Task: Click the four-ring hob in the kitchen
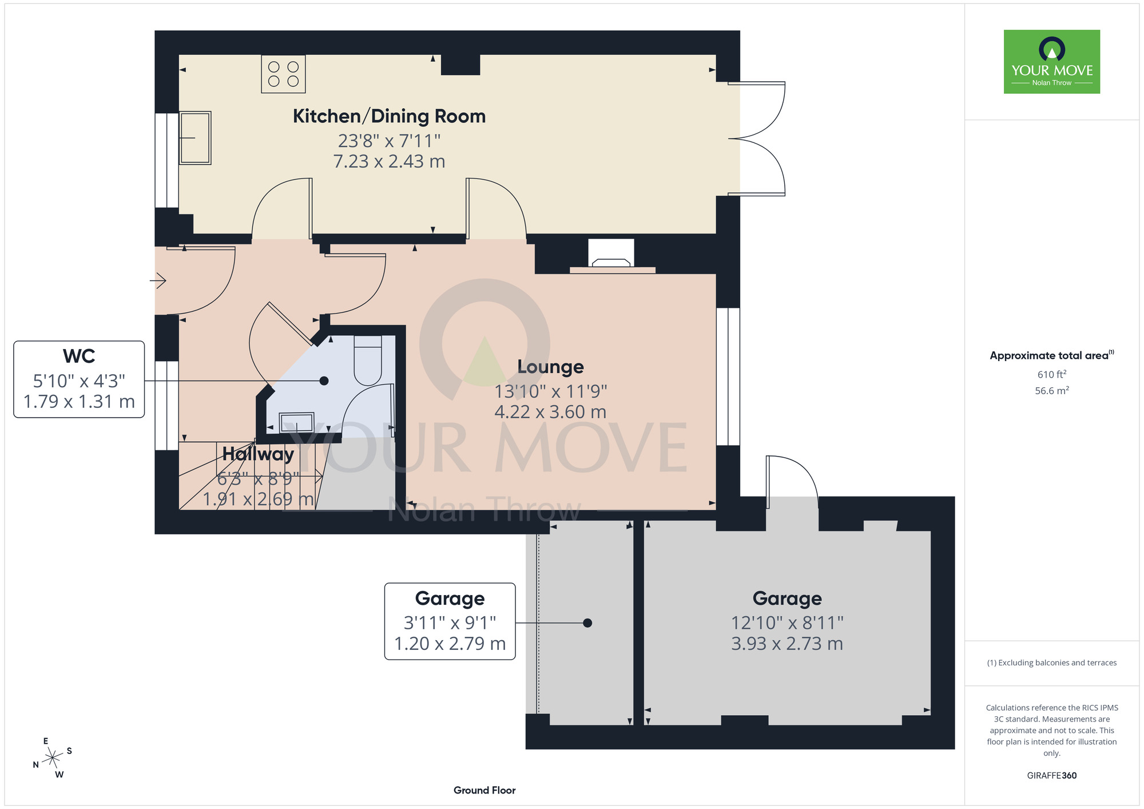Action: pyautogui.click(x=283, y=74)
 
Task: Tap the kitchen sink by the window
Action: pyautogui.click(x=195, y=138)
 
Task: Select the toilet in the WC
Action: pyautogui.click(x=368, y=360)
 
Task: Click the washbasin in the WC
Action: pyautogui.click(x=296, y=422)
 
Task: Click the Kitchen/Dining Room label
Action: pyautogui.click(x=389, y=116)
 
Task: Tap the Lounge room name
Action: pyautogui.click(x=550, y=367)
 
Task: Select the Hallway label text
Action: pyautogui.click(x=258, y=454)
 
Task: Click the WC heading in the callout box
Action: pyautogui.click(x=79, y=356)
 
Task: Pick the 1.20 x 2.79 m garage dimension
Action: pyautogui.click(x=450, y=644)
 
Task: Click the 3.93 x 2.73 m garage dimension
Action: pyautogui.click(x=787, y=644)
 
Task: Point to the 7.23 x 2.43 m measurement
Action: pyautogui.click(x=389, y=161)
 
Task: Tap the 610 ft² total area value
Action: pyautogui.click(x=1052, y=374)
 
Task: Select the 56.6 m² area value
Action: pyautogui.click(x=1052, y=391)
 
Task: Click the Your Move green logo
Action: pyautogui.click(x=1052, y=62)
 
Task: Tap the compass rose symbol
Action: pyautogui.click(x=53, y=758)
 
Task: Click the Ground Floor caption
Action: pyautogui.click(x=484, y=790)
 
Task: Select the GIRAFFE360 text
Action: pyautogui.click(x=1052, y=776)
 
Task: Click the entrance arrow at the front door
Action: pyautogui.click(x=158, y=280)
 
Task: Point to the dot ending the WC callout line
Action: pyautogui.click(x=324, y=380)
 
